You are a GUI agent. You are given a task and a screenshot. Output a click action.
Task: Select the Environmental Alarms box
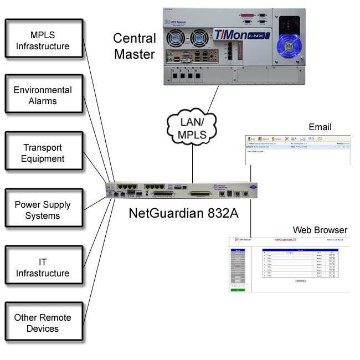[43, 96]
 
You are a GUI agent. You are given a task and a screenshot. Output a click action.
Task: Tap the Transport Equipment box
[43, 153]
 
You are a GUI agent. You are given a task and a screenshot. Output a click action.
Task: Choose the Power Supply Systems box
[43, 210]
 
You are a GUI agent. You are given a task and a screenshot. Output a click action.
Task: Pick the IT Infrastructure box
[43, 268]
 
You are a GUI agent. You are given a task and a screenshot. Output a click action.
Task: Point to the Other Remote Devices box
[43, 323]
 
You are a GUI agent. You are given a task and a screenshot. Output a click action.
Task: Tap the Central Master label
[135, 47]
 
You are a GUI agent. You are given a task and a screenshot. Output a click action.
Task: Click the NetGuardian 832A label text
[183, 213]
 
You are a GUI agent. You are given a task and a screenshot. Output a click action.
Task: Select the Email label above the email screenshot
[320, 127]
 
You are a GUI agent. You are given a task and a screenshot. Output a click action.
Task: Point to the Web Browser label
[320, 230]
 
